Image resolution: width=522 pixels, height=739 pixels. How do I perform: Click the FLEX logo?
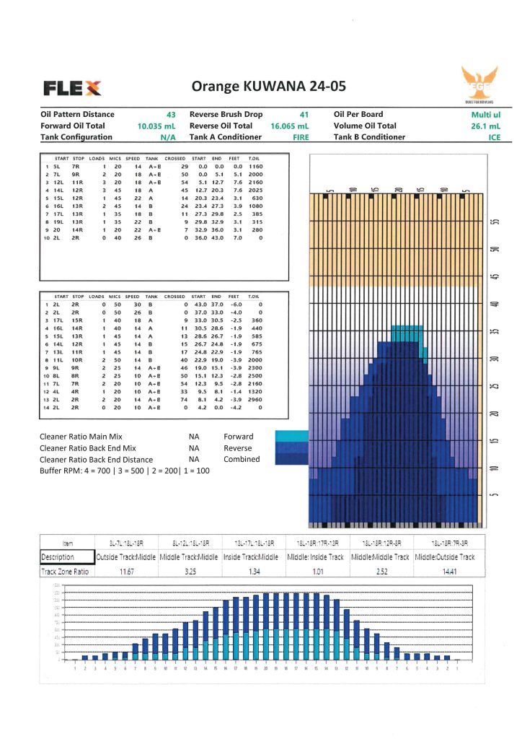72,88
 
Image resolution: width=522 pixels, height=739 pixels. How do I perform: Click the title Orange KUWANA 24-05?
268,87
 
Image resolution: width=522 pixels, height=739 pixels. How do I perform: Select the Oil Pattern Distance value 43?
171,114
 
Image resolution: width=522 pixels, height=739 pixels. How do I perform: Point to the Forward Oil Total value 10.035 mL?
156,126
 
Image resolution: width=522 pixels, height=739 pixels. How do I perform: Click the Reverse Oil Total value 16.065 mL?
290,126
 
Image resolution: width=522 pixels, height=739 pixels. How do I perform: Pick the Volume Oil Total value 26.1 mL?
485,126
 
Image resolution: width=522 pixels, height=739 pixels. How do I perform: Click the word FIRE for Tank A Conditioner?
300,137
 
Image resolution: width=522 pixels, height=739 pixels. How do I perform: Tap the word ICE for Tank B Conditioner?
494,137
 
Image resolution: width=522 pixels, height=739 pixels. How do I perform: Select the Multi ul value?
485,114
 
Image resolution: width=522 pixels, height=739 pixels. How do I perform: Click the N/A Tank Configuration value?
168,137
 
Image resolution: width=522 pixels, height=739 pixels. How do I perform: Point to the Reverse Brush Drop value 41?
304,114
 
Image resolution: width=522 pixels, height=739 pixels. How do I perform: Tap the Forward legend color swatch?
290,436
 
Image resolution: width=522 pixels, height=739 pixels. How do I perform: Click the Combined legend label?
241,459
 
